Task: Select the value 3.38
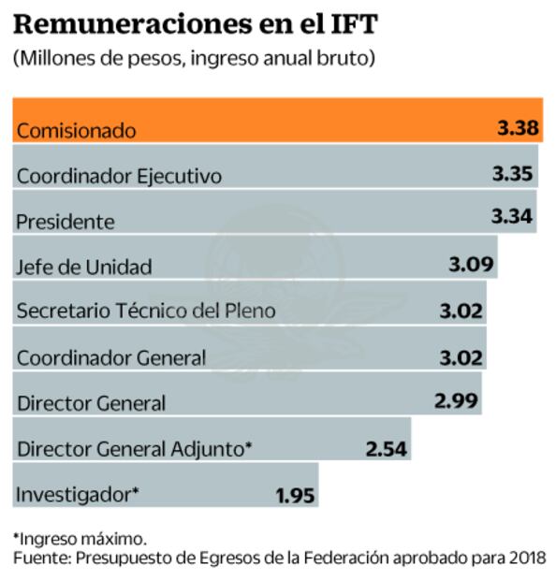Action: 517,128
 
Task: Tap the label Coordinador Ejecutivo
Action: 119,176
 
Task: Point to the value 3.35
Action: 512,173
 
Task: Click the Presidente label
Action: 66,222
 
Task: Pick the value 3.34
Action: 512,217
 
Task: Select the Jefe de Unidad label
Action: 84,267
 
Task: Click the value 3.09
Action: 471,264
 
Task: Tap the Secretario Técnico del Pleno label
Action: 146,311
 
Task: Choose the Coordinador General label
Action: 111,357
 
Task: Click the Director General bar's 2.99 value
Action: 457,400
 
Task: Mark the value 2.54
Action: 387,448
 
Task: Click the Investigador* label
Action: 78,493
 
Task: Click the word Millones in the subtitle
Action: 52,58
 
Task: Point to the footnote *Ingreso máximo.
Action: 80,539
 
